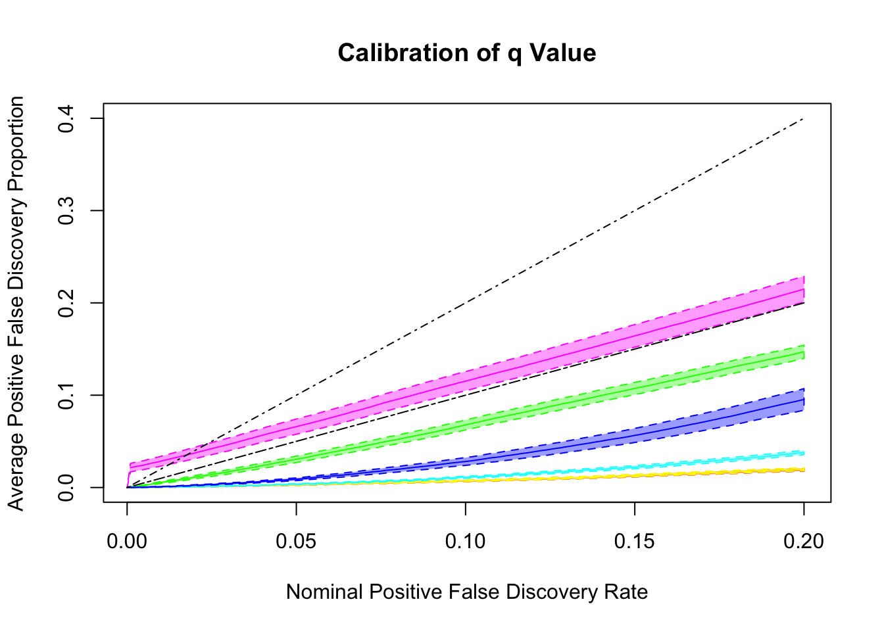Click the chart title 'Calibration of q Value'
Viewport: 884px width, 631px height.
point(467,53)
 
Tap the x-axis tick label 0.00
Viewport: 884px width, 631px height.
point(127,542)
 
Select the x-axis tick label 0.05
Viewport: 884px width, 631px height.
point(296,542)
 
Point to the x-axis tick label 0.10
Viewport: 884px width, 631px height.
point(465,542)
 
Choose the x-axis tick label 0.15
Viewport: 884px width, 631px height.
point(634,542)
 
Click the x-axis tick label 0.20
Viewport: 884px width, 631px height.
point(803,542)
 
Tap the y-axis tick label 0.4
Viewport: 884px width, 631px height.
point(66,119)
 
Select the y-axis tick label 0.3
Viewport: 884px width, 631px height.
point(66,211)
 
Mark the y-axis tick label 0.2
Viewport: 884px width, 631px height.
point(66,303)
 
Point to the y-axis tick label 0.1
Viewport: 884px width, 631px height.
point(66,395)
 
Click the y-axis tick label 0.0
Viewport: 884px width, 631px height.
point(66,487)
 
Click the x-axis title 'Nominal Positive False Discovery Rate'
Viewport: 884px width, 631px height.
point(467,592)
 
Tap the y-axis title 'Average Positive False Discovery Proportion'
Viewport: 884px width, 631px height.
point(16,303)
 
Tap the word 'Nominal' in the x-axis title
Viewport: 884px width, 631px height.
point(325,592)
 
